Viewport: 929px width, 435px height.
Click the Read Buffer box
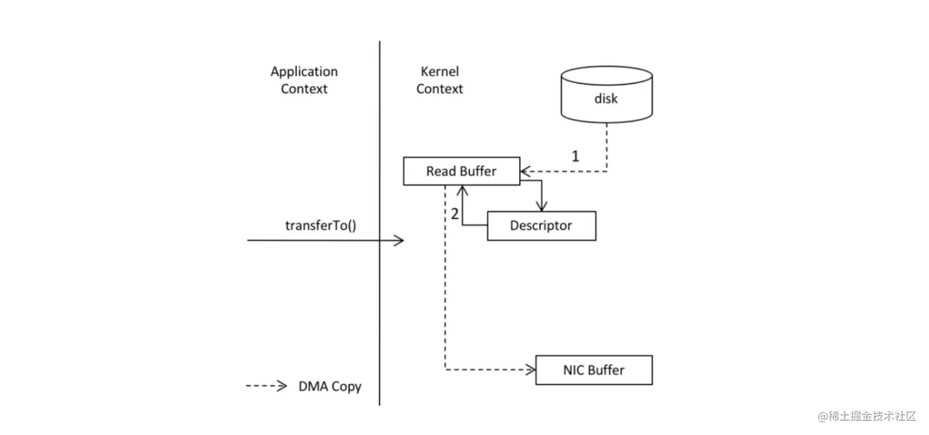[461, 171]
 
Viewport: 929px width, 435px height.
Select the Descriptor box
[541, 225]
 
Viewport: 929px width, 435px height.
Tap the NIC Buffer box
[594, 370]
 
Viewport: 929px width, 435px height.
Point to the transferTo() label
[321, 225]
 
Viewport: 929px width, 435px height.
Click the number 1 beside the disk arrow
[575, 156]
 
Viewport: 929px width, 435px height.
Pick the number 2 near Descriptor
[455, 214]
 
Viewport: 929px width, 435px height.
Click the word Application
[304, 72]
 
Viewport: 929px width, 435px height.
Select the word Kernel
[439, 72]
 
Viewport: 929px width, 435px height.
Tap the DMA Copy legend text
[330, 386]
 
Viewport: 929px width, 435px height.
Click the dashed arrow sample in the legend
[266, 386]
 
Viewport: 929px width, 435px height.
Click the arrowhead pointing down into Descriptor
[541, 207]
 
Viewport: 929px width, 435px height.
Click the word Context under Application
[304, 88]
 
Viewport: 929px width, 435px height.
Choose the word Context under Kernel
[439, 88]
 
